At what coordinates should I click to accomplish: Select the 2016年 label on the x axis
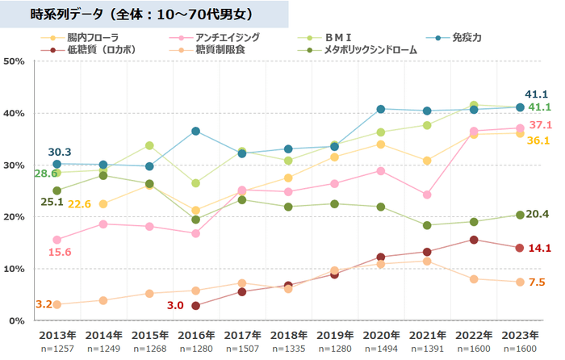(x=196, y=334)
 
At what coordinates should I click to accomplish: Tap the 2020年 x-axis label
(x=380, y=334)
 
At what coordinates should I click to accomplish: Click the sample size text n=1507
(x=242, y=348)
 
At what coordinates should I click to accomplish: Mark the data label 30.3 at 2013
(x=60, y=152)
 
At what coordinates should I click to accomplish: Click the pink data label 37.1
(x=538, y=125)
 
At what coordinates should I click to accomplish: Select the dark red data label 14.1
(x=538, y=248)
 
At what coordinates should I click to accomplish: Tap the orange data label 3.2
(x=44, y=304)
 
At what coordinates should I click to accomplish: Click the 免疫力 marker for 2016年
(x=196, y=131)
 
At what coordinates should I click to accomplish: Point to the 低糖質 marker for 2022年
(x=474, y=240)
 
